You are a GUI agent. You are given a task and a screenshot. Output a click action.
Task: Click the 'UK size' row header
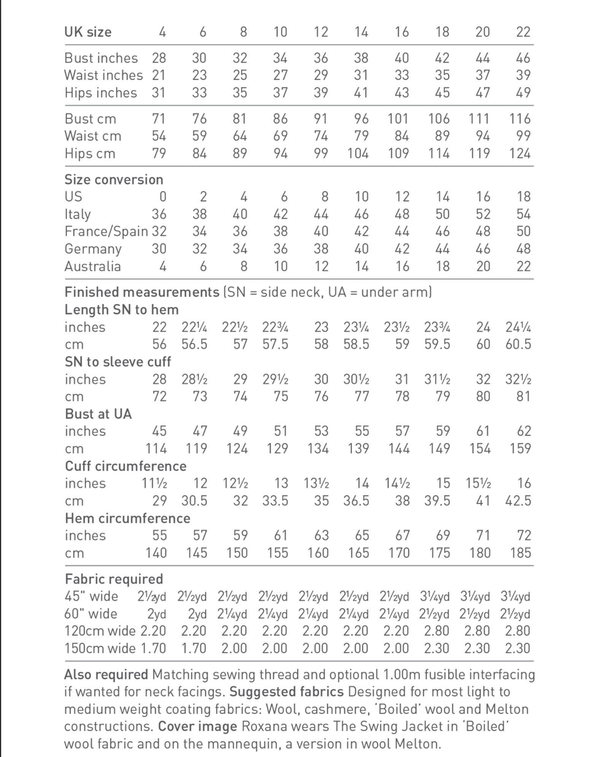point(88,32)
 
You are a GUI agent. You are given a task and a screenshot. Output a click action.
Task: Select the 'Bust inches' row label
point(101,58)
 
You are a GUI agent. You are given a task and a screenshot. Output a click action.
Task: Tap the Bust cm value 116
point(519,119)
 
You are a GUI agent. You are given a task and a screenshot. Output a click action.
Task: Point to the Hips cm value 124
point(519,153)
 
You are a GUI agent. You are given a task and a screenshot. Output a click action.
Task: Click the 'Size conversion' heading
point(114,179)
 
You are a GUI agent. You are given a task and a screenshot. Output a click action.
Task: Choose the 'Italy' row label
point(78,214)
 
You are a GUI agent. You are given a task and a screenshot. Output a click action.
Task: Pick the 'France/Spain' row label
point(106,231)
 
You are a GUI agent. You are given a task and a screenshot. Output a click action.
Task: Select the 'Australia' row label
point(92,266)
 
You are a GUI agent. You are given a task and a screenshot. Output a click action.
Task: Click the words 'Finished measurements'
point(142,292)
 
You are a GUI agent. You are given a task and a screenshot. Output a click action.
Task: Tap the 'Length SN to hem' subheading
point(122,310)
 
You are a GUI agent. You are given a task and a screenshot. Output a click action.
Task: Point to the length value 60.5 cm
point(518,345)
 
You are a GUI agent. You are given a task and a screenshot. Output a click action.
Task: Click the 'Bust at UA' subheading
point(98,414)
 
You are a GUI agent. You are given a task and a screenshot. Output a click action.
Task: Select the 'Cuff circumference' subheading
point(126,466)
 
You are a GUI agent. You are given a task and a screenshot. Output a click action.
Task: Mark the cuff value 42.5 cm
point(518,501)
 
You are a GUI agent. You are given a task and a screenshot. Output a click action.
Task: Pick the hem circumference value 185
point(520,553)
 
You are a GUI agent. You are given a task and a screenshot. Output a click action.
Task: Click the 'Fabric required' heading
point(114,579)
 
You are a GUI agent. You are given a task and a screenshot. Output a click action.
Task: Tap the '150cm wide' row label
point(100,648)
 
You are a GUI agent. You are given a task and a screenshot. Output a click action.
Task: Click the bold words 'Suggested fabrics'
point(286,692)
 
